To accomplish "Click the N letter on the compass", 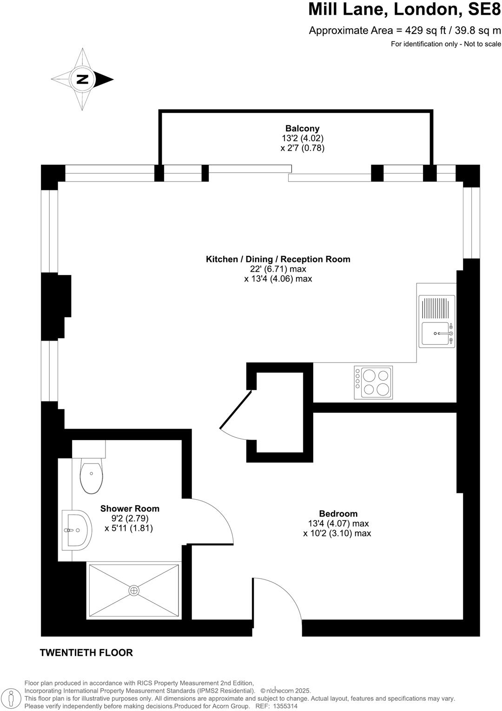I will click(82, 79).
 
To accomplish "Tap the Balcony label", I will click(302, 128).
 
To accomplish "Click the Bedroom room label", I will click(338, 514).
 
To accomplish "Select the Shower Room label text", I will click(130, 509).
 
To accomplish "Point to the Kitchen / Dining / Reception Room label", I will click(278, 259).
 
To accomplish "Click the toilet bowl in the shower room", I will click(91, 476).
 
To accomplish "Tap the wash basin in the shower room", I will click(76, 530).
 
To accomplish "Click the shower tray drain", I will click(134, 590).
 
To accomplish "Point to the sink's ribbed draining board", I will click(437, 308).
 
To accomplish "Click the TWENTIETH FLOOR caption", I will click(86, 653).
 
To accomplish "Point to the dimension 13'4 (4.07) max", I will click(338, 523).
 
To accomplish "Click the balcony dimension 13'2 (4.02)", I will click(302, 138).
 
